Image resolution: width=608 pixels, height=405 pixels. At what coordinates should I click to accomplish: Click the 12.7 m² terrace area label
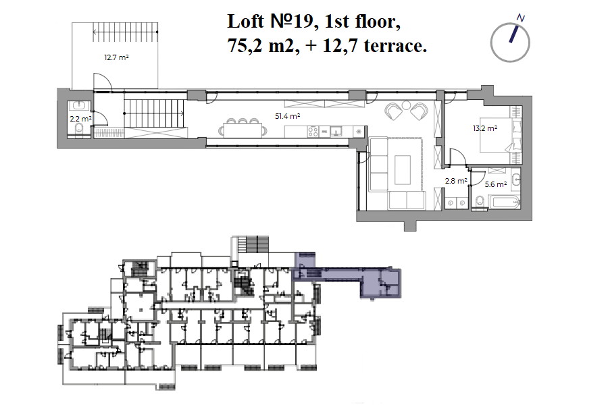click(x=116, y=58)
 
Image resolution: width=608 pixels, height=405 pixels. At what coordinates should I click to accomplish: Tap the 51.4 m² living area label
click(x=288, y=116)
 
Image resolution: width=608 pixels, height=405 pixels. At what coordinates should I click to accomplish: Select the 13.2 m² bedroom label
click(x=485, y=128)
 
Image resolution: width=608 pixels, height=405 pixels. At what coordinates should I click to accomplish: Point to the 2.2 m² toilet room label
click(x=80, y=119)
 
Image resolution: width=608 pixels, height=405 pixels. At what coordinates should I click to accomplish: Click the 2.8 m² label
click(x=456, y=181)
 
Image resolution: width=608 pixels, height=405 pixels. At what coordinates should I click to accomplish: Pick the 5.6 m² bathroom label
click(x=496, y=184)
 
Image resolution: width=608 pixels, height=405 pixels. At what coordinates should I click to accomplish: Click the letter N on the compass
click(x=521, y=18)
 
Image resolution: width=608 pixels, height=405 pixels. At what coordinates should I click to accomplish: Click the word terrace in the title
click(x=395, y=46)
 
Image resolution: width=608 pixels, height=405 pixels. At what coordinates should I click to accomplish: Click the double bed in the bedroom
click(x=497, y=135)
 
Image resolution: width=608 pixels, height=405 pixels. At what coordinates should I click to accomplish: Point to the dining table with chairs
click(x=243, y=129)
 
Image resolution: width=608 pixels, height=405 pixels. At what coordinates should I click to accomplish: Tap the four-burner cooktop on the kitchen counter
click(x=313, y=132)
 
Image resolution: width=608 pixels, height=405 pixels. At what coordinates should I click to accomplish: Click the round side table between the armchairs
click(x=406, y=105)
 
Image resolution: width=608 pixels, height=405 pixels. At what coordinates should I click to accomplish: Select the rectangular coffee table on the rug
click(x=403, y=169)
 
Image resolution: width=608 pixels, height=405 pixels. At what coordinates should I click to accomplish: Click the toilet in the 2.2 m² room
click(x=80, y=129)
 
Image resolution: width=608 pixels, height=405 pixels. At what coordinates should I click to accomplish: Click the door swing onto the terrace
click(x=103, y=82)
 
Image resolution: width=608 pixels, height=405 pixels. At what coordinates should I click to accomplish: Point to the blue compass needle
click(x=514, y=34)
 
